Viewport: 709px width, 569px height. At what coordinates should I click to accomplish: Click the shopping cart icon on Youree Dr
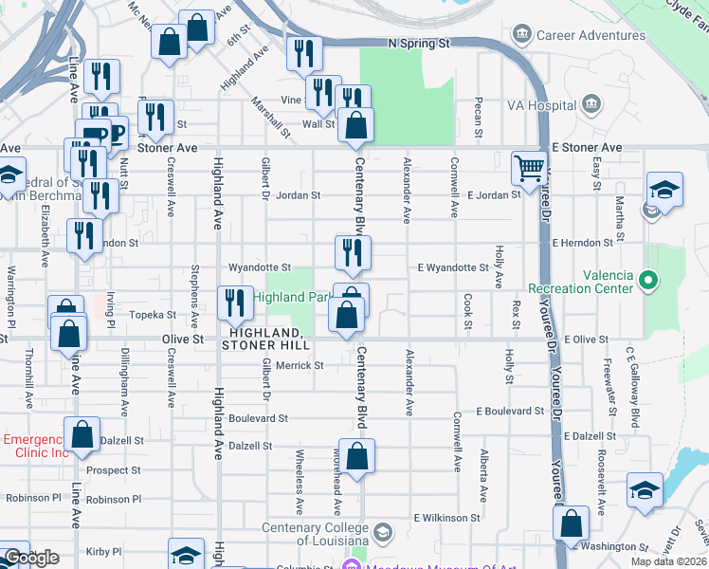[529, 169]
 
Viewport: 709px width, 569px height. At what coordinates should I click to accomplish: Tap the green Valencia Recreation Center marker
[648, 280]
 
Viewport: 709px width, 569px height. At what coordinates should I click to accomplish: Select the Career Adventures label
[567, 35]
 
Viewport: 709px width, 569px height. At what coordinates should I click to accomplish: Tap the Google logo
[31, 558]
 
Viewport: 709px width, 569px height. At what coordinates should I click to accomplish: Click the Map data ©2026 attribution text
[667, 561]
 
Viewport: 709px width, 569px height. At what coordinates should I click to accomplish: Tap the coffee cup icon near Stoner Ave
[113, 133]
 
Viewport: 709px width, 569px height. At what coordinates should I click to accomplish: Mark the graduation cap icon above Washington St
[645, 490]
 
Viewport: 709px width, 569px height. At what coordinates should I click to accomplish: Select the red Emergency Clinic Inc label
[36, 446]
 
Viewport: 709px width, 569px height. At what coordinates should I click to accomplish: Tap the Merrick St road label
[300, 365]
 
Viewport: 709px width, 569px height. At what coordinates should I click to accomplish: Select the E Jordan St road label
[494, 195]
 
